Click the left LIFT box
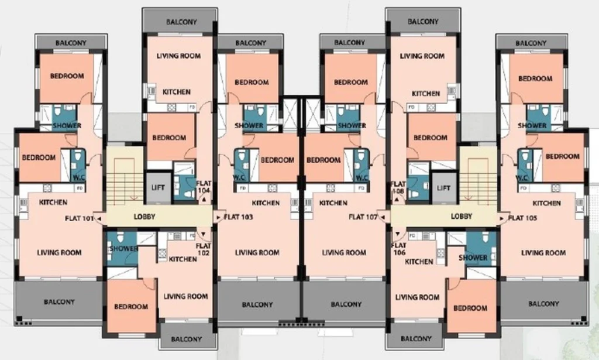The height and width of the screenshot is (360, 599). point(158,188)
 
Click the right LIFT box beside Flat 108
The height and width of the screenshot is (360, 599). point(443,188)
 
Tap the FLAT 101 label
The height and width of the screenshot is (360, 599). point(79,218)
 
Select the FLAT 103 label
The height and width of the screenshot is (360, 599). point(239,217)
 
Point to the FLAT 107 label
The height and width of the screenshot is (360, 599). point(363,217)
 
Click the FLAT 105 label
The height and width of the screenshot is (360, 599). point(522,218)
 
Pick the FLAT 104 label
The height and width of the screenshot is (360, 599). point(204,187)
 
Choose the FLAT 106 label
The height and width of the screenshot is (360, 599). point(398,249)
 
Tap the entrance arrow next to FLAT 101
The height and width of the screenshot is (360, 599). point(98,218)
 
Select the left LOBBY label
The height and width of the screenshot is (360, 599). point(144,217)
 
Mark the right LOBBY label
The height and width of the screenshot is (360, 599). point(462,217)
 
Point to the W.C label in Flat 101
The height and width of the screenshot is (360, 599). point(79,178)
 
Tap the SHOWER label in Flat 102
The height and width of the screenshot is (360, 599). point(123,248)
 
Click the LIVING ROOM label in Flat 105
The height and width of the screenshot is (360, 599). point(543,253)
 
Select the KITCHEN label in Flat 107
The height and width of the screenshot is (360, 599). point(333,203)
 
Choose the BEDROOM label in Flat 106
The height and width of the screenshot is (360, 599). point(470,308)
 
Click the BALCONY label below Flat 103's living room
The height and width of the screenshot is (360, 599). point(257,304)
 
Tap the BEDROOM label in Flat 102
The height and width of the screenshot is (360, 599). point(131,307)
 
